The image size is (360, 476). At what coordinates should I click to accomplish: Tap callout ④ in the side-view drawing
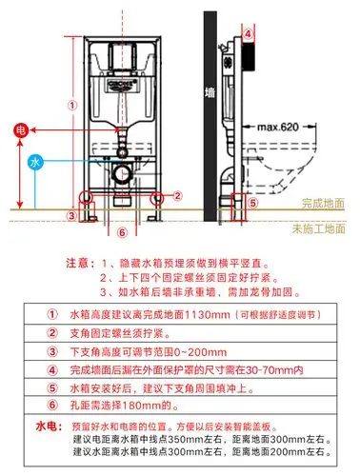249,32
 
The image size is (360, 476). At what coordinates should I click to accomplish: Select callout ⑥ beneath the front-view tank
121,230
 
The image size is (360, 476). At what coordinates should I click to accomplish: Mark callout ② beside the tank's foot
177,195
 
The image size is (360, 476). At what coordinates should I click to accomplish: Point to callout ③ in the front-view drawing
71,215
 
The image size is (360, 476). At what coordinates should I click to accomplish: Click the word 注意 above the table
77,261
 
